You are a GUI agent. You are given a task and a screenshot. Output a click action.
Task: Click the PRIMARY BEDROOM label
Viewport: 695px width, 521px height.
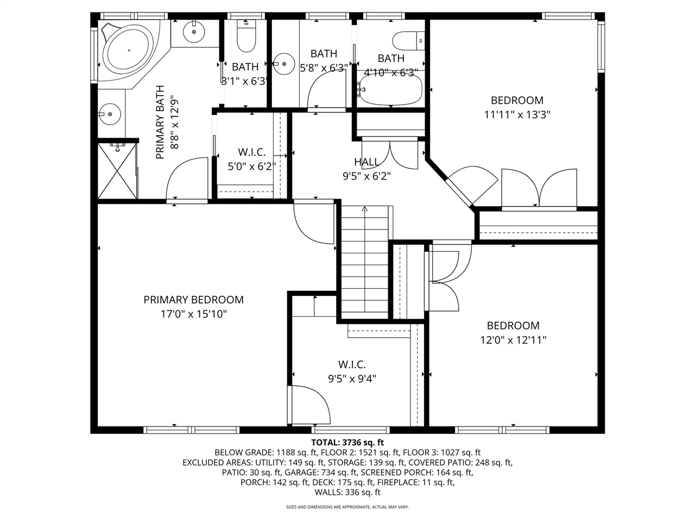point(193,300)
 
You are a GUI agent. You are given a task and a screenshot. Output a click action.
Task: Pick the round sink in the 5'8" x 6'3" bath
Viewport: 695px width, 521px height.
point(283,63)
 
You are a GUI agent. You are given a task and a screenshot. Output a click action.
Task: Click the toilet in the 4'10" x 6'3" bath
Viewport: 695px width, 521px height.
point(408,40)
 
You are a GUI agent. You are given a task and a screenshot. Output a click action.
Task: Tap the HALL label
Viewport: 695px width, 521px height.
point(367,162)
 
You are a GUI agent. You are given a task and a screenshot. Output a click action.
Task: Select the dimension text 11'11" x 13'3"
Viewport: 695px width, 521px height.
point(517,115)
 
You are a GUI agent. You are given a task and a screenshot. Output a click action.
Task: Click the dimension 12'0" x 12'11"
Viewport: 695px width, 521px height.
point(513,340)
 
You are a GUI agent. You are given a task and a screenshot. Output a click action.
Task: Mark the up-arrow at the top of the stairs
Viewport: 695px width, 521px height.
point(364,208)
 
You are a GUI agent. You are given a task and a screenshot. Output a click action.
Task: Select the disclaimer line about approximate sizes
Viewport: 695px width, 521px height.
point(347,507)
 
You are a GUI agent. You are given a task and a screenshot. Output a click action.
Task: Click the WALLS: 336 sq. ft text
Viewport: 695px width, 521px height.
point(347,492)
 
